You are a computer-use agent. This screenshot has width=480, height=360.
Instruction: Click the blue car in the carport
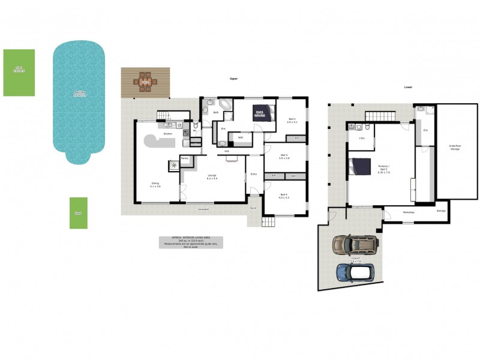click(x=355, y=273)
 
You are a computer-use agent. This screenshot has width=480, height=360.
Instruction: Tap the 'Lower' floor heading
click(x=408, y=87)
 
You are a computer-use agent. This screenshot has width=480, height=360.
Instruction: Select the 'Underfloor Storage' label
click(x=454, y=148)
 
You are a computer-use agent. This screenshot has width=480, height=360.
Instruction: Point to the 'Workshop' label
click(x=409, y=212)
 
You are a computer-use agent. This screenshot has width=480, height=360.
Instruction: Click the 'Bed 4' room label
click(x=284, y=196)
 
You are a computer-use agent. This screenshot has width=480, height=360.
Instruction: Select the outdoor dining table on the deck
click(x=145, y=82)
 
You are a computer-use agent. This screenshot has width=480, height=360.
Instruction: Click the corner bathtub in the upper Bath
click(x=225, y=106)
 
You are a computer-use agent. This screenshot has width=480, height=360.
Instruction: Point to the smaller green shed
click(x=78, y=213)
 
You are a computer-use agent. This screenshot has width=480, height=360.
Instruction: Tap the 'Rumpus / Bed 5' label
click(x=384, y=171)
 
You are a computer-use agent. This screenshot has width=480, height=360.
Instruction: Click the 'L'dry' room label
click(x=362, y=139)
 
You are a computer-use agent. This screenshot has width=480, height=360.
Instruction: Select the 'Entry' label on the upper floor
click(x=254, y=174)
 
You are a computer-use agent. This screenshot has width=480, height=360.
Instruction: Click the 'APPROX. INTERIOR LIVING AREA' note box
click(x=191, y=242)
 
